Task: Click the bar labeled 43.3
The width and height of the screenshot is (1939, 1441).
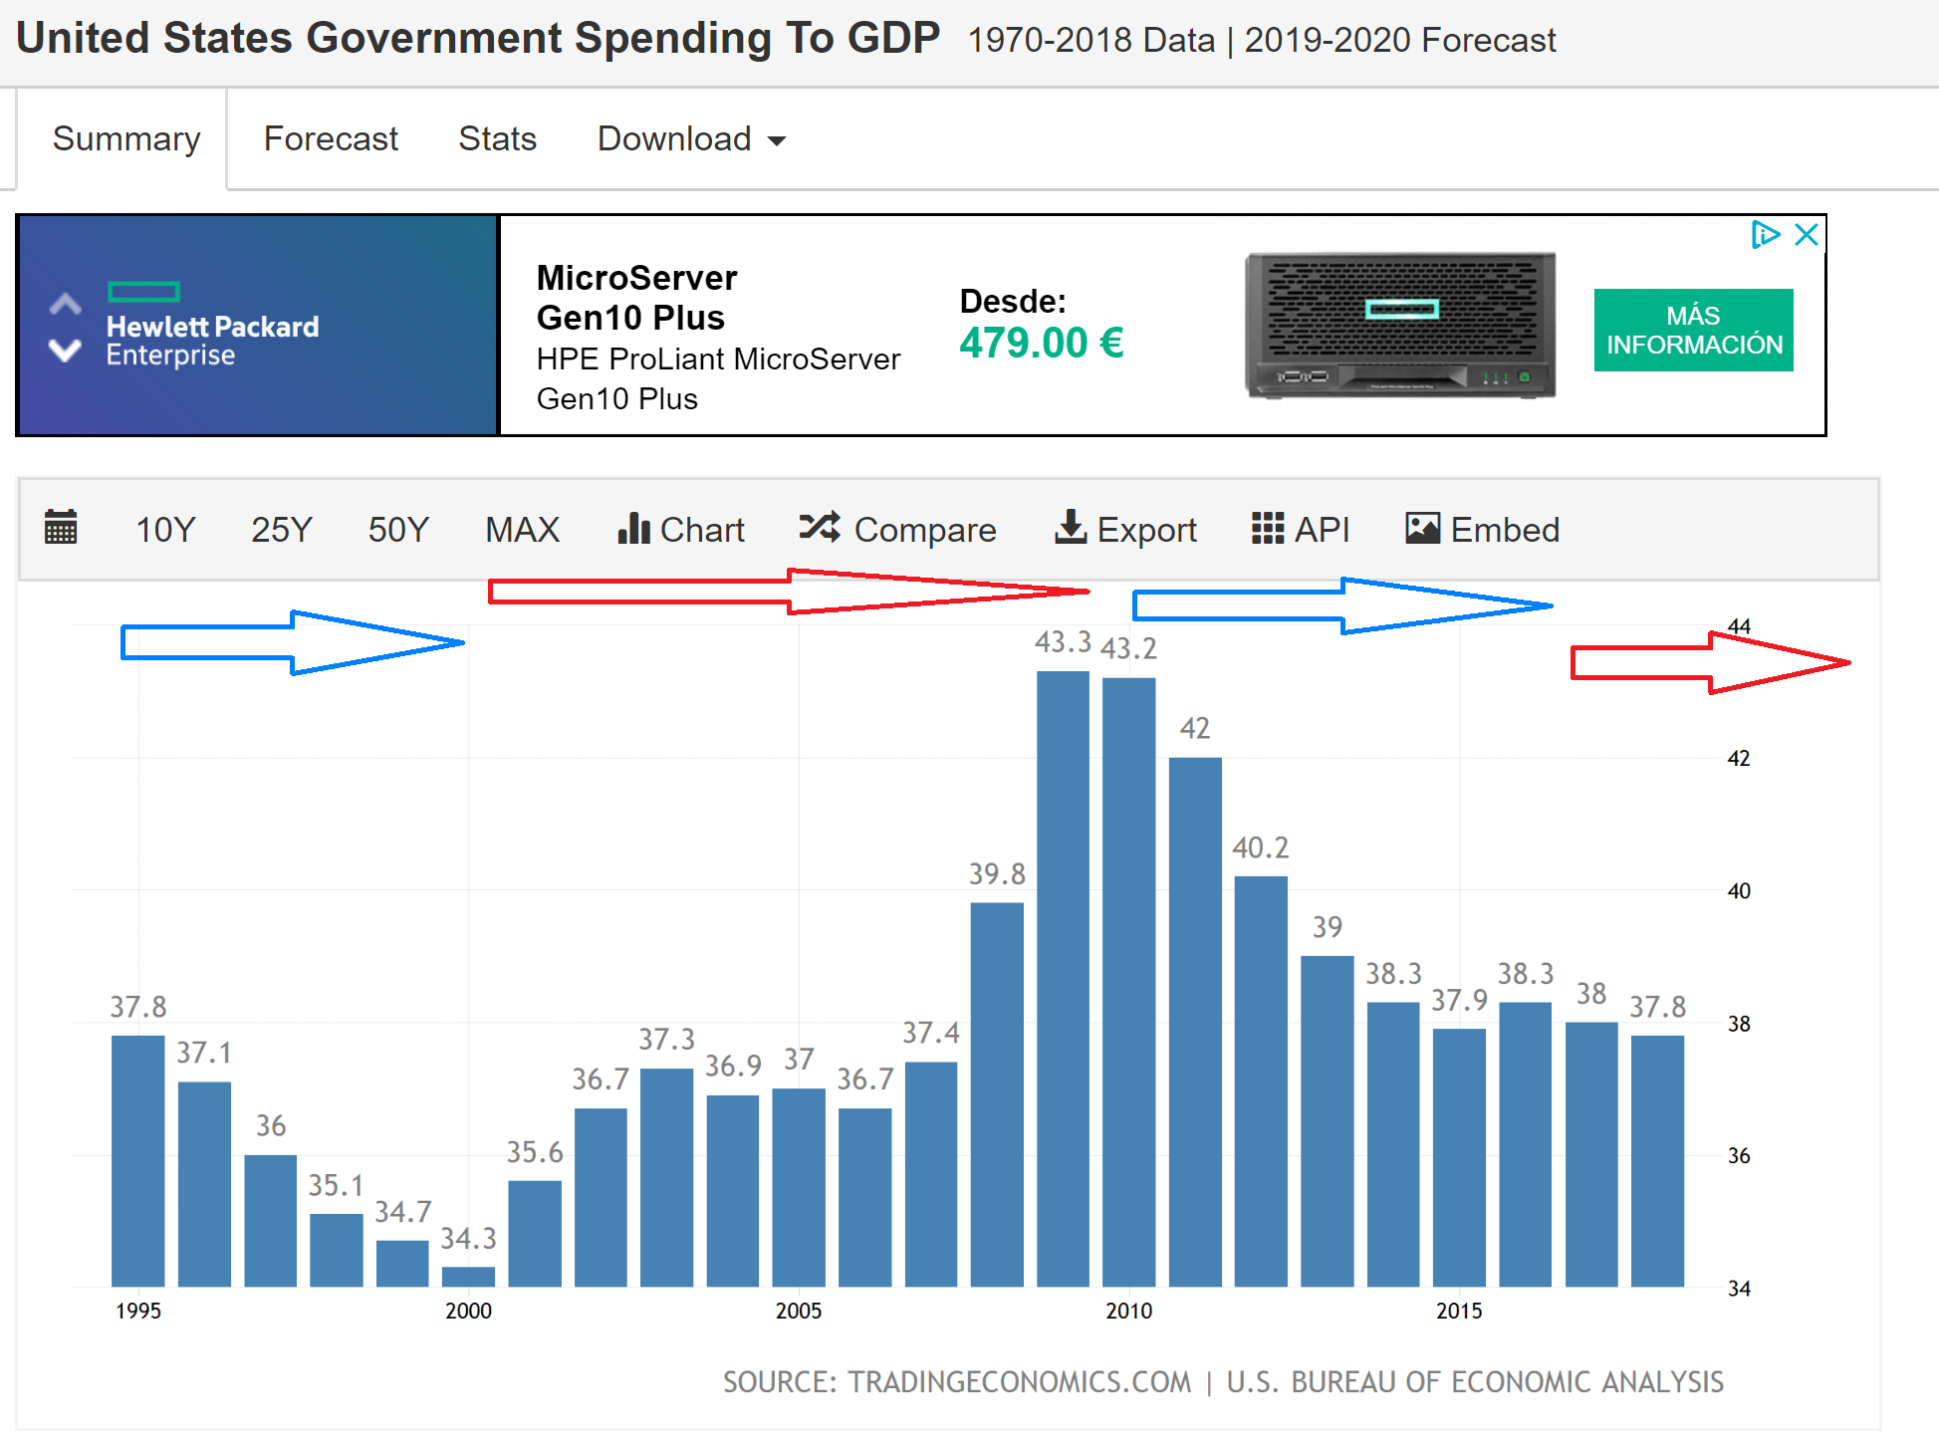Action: pos(1063,976)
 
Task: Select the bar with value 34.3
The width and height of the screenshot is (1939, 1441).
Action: pos(468,1276)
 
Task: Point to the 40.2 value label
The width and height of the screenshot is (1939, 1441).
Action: pos(1260,847)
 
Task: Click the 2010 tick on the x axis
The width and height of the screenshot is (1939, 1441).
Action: pos(1128,1311)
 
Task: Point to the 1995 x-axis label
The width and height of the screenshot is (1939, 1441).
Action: pos(137,1311)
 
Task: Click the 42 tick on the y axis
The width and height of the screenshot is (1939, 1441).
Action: pos(1738,759)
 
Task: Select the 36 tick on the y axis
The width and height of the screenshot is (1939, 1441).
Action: pos(1738,1156)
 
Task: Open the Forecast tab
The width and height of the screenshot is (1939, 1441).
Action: pos(331,139)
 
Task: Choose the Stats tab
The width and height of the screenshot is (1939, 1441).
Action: pos(497,139)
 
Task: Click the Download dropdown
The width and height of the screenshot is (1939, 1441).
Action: pos(691,139)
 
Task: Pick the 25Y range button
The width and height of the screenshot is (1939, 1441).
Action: pos(281,530)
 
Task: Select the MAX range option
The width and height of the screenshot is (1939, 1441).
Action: pos(522,530)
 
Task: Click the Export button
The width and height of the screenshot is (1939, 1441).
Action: pos(1125,530)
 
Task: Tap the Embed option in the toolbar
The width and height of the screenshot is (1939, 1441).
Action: pos(1482,530)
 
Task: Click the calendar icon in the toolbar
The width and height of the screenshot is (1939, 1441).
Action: pos(61,528)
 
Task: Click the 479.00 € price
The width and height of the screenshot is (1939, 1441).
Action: pos(1042,344)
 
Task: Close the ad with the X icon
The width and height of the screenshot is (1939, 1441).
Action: pos(1806,235)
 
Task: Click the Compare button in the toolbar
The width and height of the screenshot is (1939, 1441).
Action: pos(897,530)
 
